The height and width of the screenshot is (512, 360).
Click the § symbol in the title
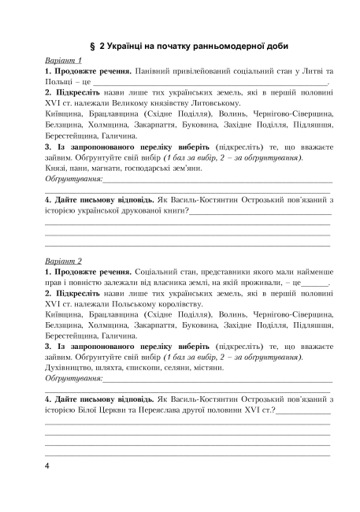(94, 46)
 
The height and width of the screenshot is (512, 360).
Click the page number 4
(48, 467)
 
